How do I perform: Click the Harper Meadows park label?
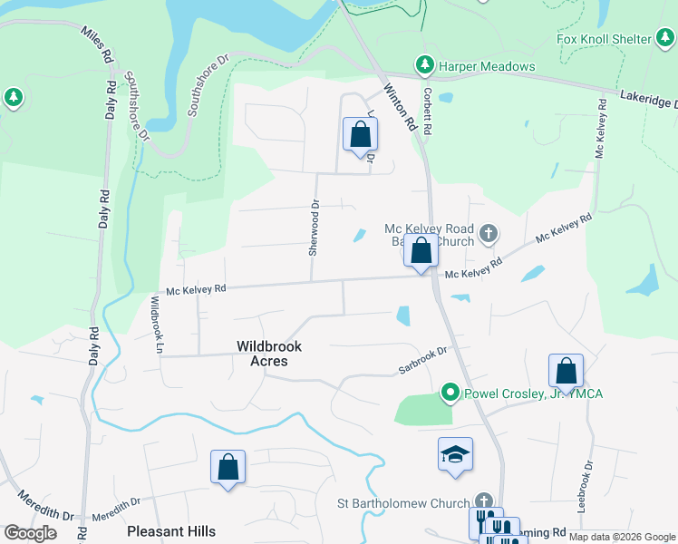[x=487, y=66]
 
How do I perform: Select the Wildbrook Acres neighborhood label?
[x=269, y=354]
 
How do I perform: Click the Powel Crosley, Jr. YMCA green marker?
[x=449, y=393]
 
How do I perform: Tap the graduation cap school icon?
[x=455, y=454]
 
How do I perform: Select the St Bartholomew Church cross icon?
[x=485, y=501]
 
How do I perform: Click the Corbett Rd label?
[x=426, y=111]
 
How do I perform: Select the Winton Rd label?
[x=399, y=108]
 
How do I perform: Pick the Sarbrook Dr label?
[x=423, y=360]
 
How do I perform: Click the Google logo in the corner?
[x=30, y=533]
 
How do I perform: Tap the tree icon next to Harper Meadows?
[x=424, y=66]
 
